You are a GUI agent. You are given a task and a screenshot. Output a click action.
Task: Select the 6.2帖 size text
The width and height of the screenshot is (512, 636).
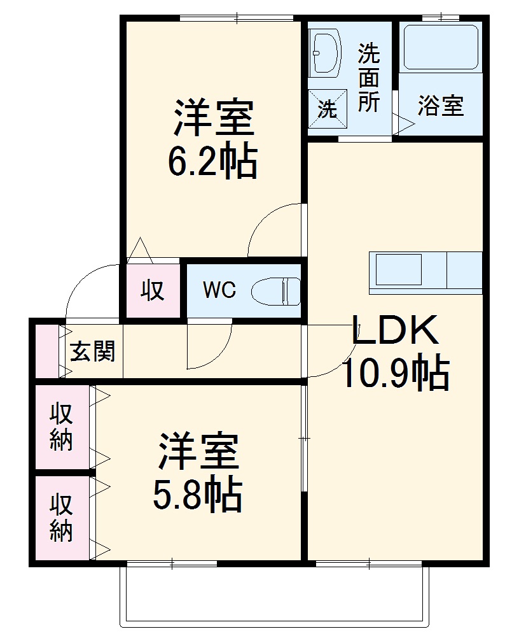tap(212, 162)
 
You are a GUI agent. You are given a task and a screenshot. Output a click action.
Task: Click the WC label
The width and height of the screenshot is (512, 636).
tap(219, 290)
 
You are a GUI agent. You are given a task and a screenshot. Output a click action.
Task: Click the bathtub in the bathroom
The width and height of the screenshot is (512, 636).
tap(440, 47)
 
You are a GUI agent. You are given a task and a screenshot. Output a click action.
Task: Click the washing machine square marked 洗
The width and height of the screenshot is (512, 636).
tap(328, 109)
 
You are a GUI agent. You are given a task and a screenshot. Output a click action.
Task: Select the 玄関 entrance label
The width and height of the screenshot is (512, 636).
tap(93, 351)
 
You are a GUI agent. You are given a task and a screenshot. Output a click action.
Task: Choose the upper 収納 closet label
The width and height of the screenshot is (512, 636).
tap(62, 426)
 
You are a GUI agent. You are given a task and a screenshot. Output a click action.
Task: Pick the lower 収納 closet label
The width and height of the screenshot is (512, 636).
tap(62, 517)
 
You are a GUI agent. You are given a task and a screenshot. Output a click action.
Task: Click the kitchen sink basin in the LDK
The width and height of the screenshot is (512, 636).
tap(398, 269)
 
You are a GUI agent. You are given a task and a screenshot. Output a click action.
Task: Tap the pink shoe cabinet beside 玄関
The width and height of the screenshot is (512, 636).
tap(46, 351)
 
